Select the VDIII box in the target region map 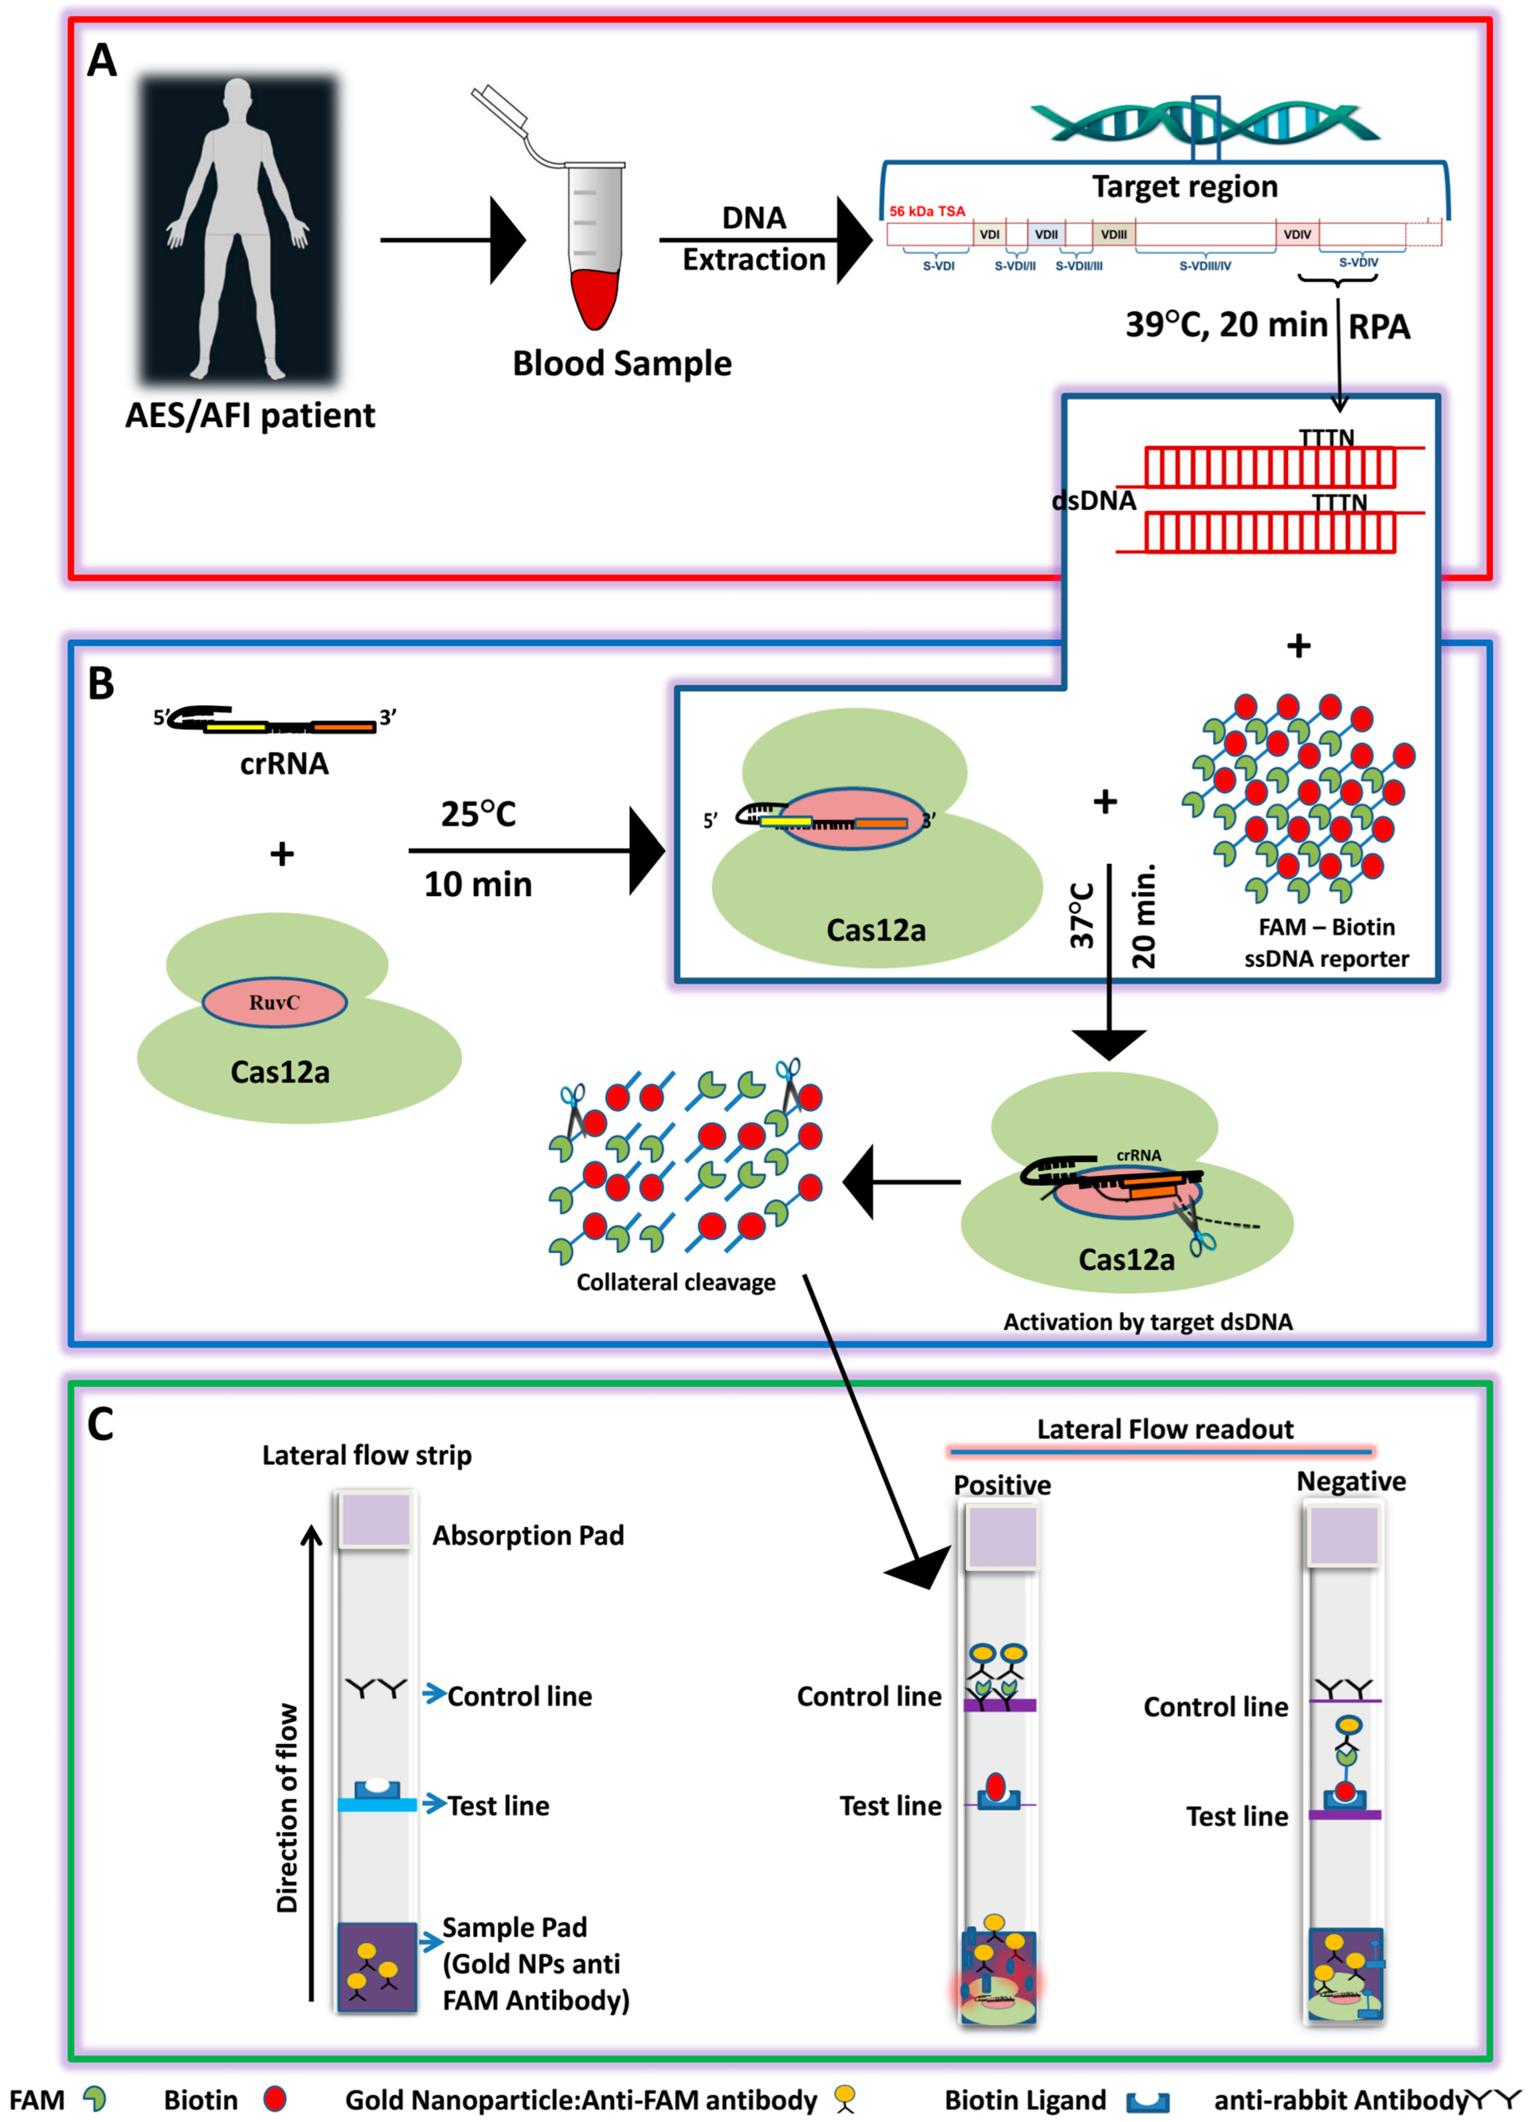pyautogui.click(x=1113, y=234)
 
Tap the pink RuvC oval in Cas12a pyautogui.click(x=274, y=1002)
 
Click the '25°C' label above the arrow pyautogui.click(x=478, y=814)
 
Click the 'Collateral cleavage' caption pyautogui.click(x=675, y=1282)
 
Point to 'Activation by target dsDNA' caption pyautogui.click(x=1147, y=1321)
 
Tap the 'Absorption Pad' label pyautogui.click(x=527, y=1535)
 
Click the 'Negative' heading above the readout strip pyautogui.click(x=1351, y=1481)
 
